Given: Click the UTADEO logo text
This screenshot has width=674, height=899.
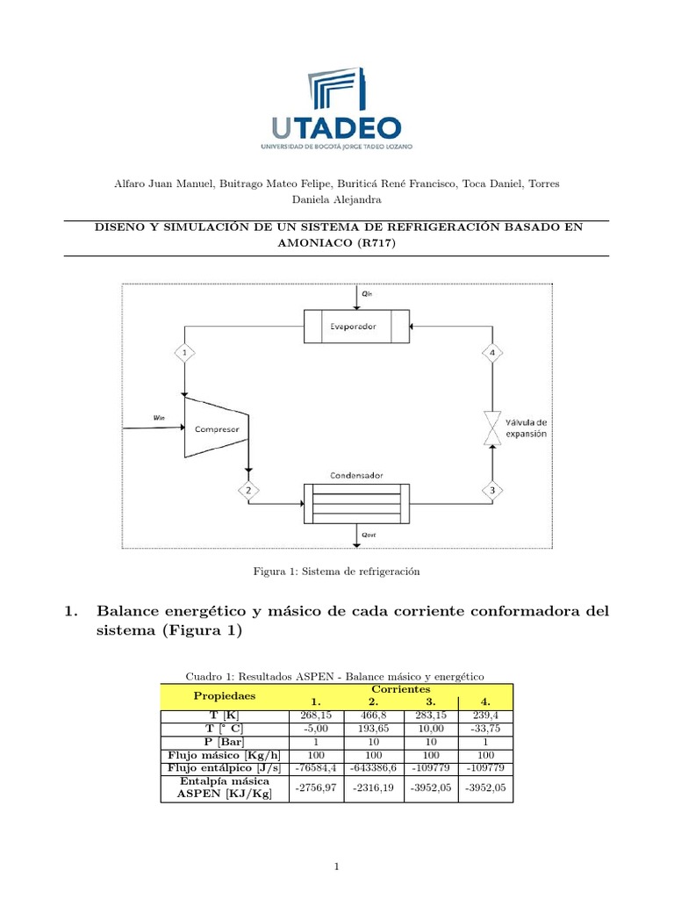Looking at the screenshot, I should (x=336, y=127).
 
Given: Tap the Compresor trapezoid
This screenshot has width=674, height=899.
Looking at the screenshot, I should (x=217, y=428).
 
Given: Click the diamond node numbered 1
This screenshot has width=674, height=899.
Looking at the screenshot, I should (x=184, y=353).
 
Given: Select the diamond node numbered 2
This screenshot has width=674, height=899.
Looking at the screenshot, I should (x=248, y=490).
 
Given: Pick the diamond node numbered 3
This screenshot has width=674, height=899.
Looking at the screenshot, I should (x=492, y=490).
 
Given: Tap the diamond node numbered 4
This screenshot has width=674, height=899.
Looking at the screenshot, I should (x=492, y=353).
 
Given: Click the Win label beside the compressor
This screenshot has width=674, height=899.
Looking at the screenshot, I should (x=158, y=418).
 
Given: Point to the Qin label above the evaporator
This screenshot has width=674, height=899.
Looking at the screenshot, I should (x=367, y=294).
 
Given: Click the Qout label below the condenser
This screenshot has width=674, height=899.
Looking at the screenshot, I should (x=367, y=533).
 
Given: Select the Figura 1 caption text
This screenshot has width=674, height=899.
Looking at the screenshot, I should (x=337, y=572).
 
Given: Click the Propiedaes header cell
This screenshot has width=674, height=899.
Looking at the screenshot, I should (x=224, y=695).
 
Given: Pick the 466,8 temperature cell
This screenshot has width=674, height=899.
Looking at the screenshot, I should (x=373, y=716).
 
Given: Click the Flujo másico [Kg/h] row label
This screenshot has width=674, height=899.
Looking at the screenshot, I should (x=225, y=754).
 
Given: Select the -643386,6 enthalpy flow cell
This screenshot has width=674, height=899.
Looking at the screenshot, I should (x=373, y=766).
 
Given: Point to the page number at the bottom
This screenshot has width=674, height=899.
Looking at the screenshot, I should (x=337, y=867).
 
